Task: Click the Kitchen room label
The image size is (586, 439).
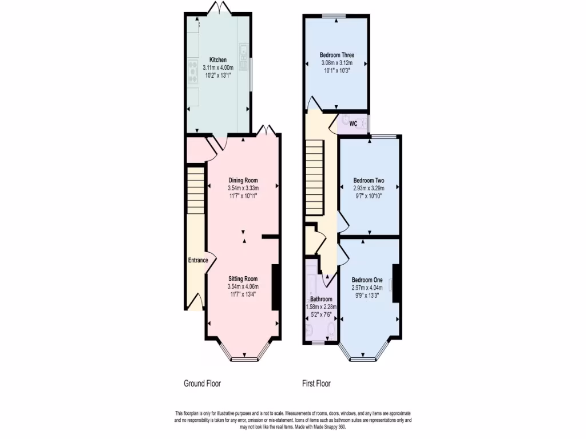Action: click(x=218, y=60)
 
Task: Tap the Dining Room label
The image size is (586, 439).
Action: click(x=243, y=181)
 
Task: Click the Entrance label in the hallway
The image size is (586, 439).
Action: click(x=198, y=261)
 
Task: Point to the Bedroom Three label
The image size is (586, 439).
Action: click(x=336, y=55)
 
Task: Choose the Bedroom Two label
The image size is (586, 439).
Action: click(x=368, y=181)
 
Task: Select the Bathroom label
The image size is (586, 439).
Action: click(x=321, y=299)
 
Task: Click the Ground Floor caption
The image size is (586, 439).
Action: click(x=202, y=384)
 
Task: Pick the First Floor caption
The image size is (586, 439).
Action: click(x=316, y=384)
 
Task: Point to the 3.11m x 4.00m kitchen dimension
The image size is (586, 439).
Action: click(x=218, y=67)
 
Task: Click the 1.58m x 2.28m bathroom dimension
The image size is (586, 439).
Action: click(x=322, y=306)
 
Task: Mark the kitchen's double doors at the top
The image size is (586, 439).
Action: click(x=217, y=9)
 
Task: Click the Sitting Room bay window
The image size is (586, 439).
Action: click(x=243, y=358)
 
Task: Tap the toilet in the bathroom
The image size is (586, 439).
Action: click(x=330, y=330)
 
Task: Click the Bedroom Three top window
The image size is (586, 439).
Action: click(x=336, y=15)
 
